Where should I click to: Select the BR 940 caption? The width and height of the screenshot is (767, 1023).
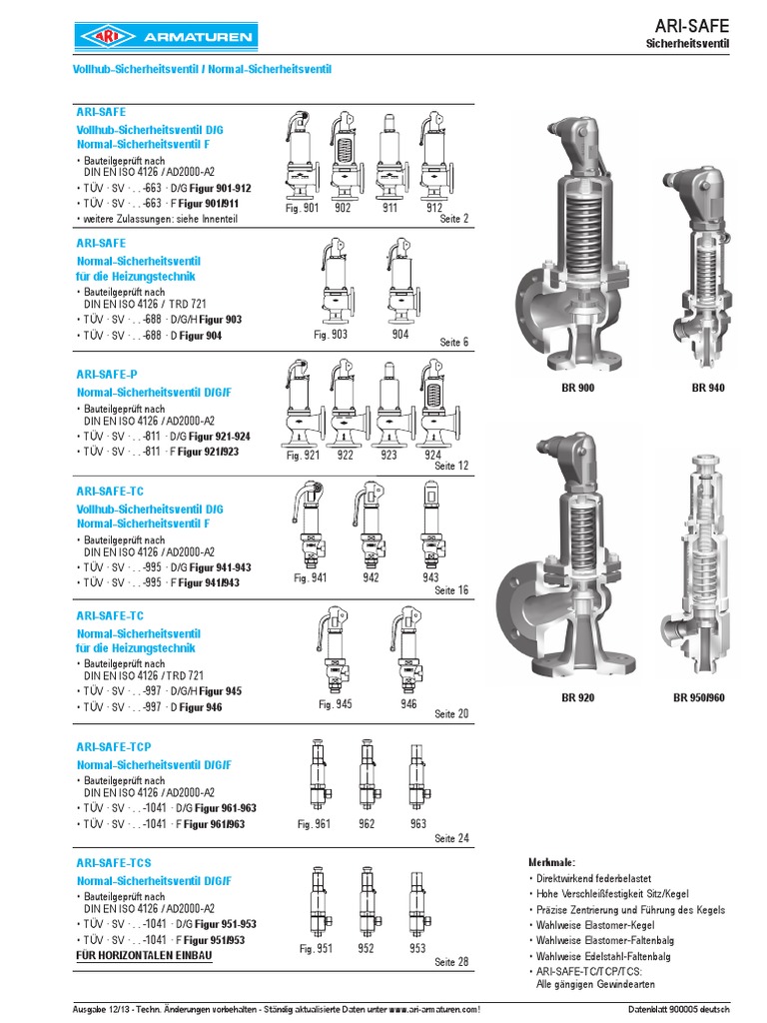point(707,387)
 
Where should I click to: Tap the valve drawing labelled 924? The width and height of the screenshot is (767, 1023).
point(432,404)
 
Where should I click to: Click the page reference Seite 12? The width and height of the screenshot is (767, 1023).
point(451,466)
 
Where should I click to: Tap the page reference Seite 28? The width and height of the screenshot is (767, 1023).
point(451,961)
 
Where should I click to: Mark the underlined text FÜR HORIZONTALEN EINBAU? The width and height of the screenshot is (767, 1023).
point(144,956)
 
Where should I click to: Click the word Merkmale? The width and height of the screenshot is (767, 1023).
point(551,861)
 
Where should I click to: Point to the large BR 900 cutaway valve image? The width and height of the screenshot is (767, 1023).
point(567,245)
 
